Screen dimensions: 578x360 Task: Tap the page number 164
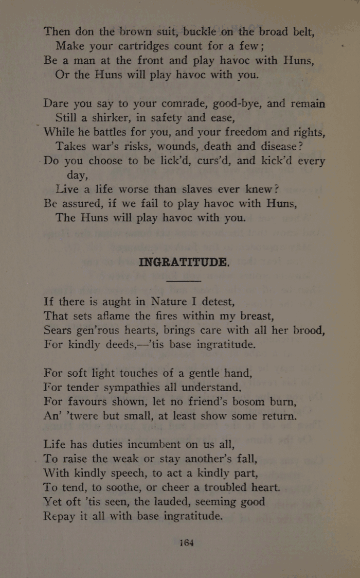click(x=186, y=542)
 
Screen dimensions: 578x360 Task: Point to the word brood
click(x=307, y=330)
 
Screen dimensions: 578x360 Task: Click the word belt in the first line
click(x=299, y=31)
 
